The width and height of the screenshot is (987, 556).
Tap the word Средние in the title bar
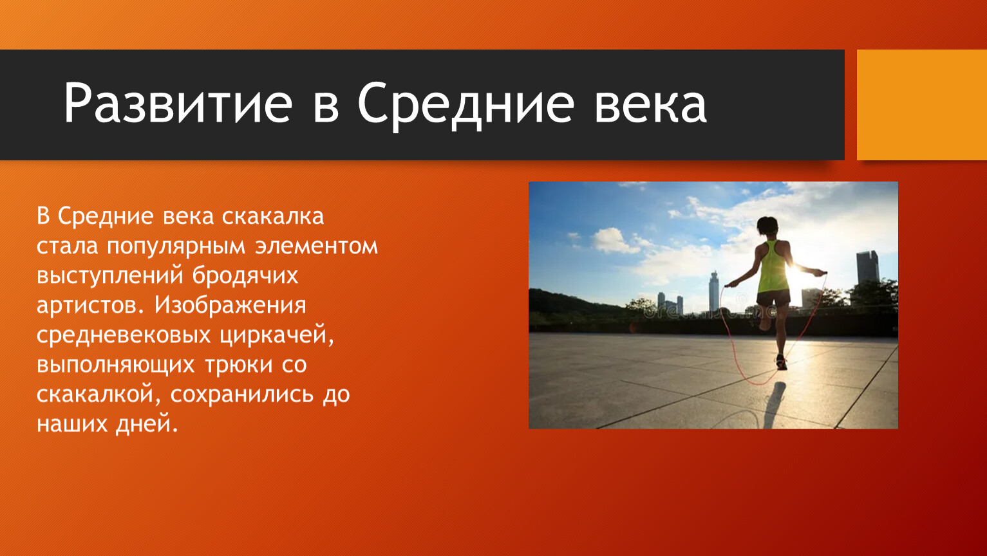465,106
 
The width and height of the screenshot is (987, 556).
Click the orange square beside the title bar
922,105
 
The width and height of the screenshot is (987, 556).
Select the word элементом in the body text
316,246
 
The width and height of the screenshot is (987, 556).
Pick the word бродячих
245,276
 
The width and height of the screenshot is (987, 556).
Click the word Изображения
230,305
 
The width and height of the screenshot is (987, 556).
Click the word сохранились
242,394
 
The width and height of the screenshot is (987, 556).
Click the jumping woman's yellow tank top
774,266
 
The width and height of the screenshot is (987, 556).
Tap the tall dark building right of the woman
868,267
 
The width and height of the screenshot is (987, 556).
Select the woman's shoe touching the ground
781,363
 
